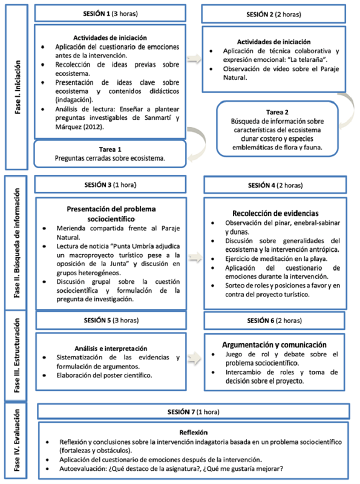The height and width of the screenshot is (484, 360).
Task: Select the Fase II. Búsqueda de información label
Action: [x=18, y=242]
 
